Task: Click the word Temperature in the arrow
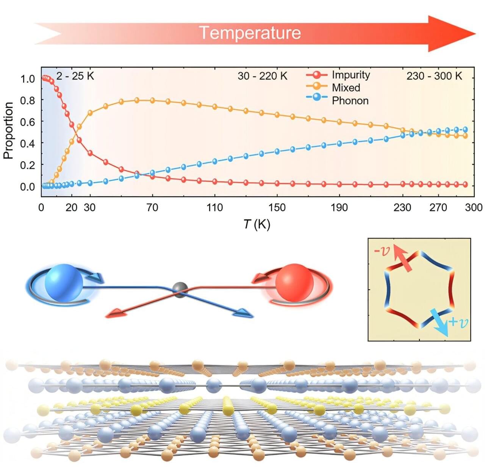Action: [250, 33]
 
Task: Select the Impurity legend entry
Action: [350, 75]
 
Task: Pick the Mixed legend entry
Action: [346, 88]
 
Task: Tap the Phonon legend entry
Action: [350, 100]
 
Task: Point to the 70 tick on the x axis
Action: [152, 207]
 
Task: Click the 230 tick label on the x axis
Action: [402, 207]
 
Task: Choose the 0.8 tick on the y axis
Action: [27, 100]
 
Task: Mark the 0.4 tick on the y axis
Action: [27, 144]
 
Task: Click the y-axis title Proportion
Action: [8, 130]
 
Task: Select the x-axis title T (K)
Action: [257, 224]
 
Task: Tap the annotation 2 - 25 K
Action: [75, 76]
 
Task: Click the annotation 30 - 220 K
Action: [262, 76]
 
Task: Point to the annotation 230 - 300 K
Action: [434, 76]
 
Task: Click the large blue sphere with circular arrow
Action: [64, 282]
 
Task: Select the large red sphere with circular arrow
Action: [294, 282]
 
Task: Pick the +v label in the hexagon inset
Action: [458, 323]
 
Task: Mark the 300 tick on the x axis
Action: [474, 207]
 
